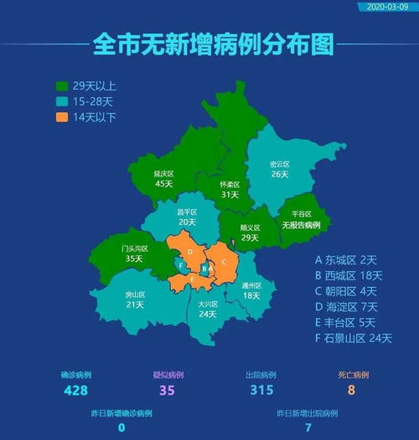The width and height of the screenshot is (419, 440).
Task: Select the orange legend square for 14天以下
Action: pyautogui.click(x=62, y=117)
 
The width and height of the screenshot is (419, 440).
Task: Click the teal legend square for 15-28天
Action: pyautogui.click(x=62, y=102)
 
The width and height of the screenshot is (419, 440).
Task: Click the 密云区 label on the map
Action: pyautogui.click(x=280, y=164)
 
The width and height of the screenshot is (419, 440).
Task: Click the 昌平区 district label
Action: pyautogui.click(x=186, y=212)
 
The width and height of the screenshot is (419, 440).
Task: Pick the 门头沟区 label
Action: pyautogui.click(x=134, y=248)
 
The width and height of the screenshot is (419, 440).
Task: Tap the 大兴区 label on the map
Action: pyautogui.click(x=208, y=304)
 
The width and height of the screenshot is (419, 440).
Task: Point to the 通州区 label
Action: pyautogui.click(x=251, y=285)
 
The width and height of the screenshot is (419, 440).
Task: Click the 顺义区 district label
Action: pyautogui.click(x=250, y=228)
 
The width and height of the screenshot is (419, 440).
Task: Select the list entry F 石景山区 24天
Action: pyautogui.click(x=353, y=338)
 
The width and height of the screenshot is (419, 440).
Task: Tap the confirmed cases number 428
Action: pyautogui.click(x=75, y=390)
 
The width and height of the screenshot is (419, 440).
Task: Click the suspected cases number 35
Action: pyautogui.click(x=168, y=390)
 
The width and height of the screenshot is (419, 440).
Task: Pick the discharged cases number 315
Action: pyautogui.click(x=262, y=390)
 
